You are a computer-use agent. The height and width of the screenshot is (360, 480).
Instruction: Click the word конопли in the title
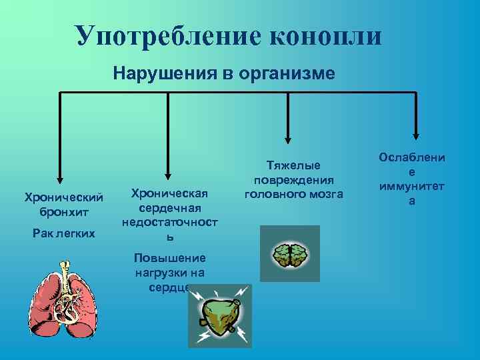tap(326, 36)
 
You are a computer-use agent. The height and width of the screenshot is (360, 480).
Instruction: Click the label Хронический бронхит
tap(63, 205)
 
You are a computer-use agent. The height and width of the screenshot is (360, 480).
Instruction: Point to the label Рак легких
tap(63, 233)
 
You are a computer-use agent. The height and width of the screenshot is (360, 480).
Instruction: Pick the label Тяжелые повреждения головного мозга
tap(293, 179)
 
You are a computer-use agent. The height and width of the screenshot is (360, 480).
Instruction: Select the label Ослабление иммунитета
tap(411, 179)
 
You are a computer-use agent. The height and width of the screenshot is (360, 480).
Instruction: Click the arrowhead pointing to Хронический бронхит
tap(60, 179)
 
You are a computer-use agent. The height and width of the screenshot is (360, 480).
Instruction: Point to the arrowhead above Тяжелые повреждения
tap(288, 139)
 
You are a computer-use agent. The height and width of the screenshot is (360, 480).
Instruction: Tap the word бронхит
tap(63, 212)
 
